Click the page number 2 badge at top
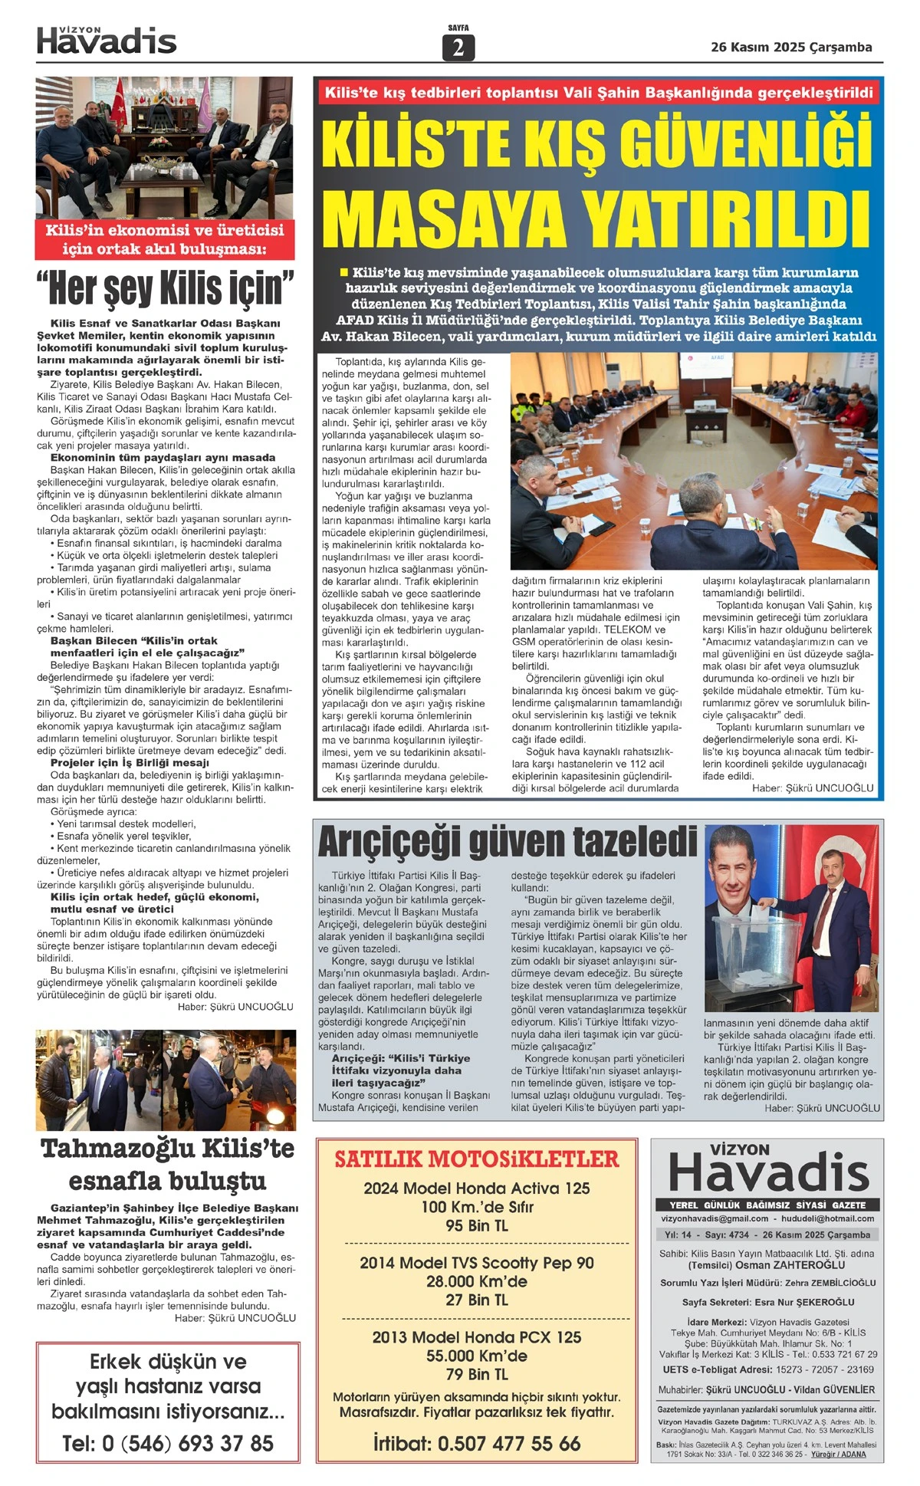click(x=458, y=48)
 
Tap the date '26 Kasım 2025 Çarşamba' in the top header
click(x=791, y=48)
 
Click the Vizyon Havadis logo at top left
click(x=107, y=41)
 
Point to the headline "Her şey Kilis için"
click(x=165, y=289)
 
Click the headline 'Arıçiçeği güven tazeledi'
click(x=507, y=841)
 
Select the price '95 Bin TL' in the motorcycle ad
click(x=477, y=1225)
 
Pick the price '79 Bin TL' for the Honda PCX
click(x=477, y=1374)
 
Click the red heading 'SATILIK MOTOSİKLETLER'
click(x=477, y=1159)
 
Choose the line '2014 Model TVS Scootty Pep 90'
click(x=477, y=1263)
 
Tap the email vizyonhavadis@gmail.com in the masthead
click(x=715, y=1218)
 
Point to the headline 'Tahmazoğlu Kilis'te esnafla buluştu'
click(x=167, y=1164)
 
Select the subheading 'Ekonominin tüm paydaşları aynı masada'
click(x=163, y=458)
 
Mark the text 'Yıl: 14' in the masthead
click(x=678, y=1235)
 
